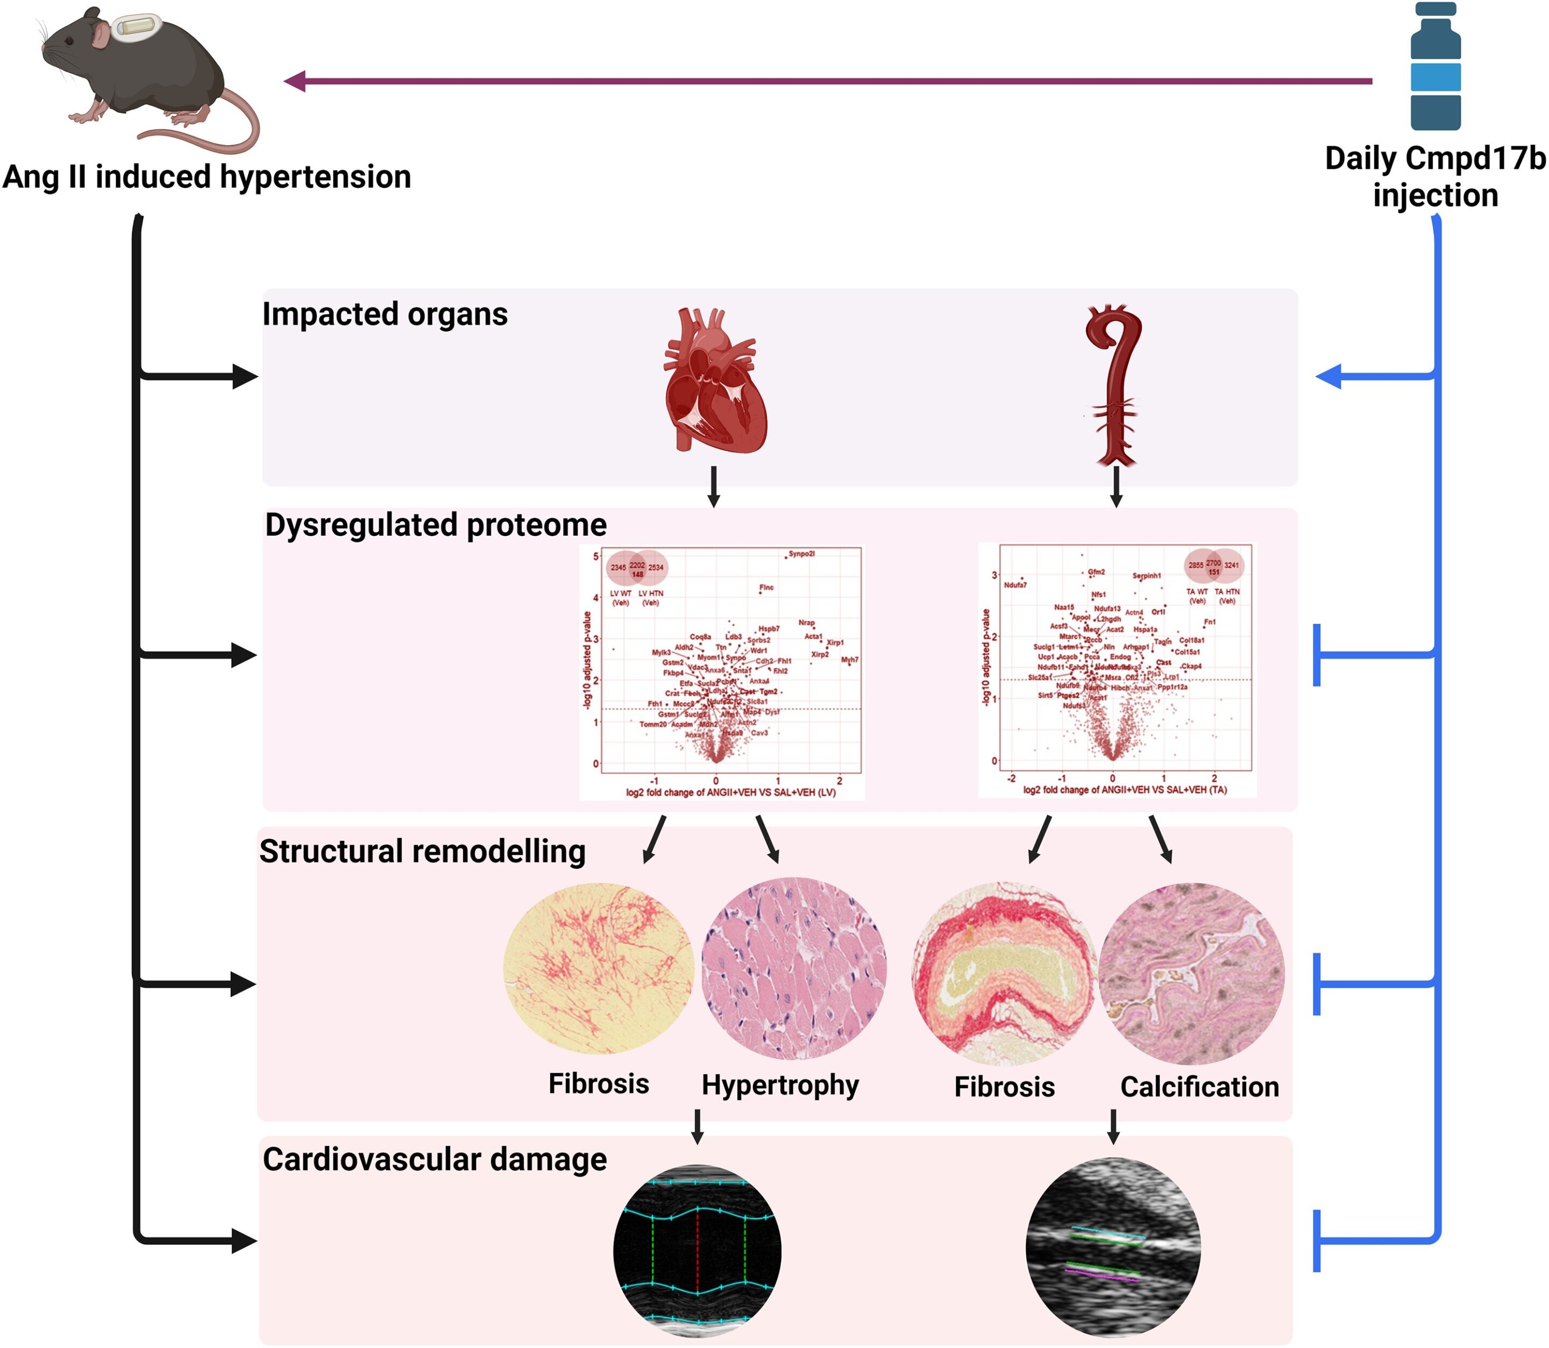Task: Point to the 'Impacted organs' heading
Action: click(x=385, y=315)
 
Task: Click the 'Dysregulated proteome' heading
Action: click(x=436, y=525)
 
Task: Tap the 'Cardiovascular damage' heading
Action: click(x=434, y=1159)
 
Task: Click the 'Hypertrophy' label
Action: click(x=780, y=1085)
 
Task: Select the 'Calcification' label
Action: click(x=1199, y=1087)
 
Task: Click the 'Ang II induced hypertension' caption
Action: click(x=207, y=177)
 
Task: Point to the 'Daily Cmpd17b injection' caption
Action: click(x=1434, y=177)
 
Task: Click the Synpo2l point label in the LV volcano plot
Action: click(x=802, y=554)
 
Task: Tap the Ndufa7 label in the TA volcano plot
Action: click(x=1015, y=584)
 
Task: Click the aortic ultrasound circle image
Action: click(x=1113, y=1248)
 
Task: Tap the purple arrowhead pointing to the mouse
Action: click(x=295, y=81)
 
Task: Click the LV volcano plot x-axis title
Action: click(x=730, y=792)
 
